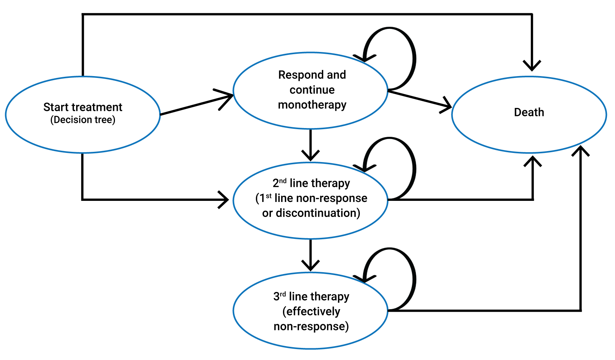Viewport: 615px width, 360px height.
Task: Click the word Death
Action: click(529, 112)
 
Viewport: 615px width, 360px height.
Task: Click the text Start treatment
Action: click(83, 107)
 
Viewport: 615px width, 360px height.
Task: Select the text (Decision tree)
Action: click(83, 120)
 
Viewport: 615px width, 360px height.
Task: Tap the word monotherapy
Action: click(312, 105)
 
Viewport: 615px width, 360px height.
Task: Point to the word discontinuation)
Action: click(318, 213)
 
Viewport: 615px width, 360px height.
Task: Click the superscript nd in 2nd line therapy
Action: click(283, 181)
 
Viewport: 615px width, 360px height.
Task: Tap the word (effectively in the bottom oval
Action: click(311, 311)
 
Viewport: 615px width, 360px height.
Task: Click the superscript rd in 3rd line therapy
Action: click(283, 294)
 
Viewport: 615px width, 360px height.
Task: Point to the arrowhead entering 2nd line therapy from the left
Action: click(224, 200)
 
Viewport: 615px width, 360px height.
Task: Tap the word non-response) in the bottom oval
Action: click(311, 326)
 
